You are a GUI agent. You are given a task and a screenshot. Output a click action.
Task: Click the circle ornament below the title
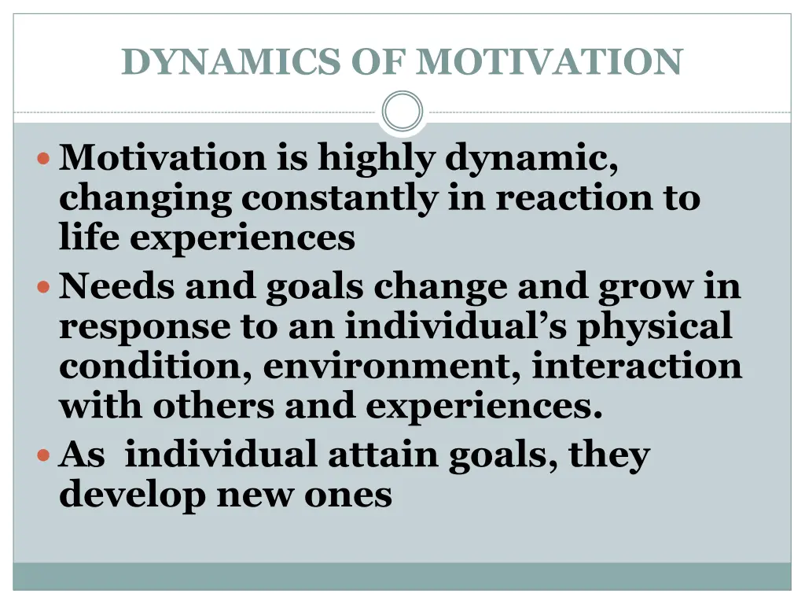click(x=402, y=112)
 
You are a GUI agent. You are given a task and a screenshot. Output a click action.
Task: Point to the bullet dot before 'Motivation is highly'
click(x=45, y=158)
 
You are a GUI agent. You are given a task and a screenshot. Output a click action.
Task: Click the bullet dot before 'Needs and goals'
click(x=45, y=288)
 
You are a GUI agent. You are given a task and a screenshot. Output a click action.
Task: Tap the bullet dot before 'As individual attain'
click(x=45, y=455)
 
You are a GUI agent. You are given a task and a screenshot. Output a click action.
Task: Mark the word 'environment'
click(x=390, y=366)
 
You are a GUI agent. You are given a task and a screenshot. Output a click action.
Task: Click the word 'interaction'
click(x=637, y=366)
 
